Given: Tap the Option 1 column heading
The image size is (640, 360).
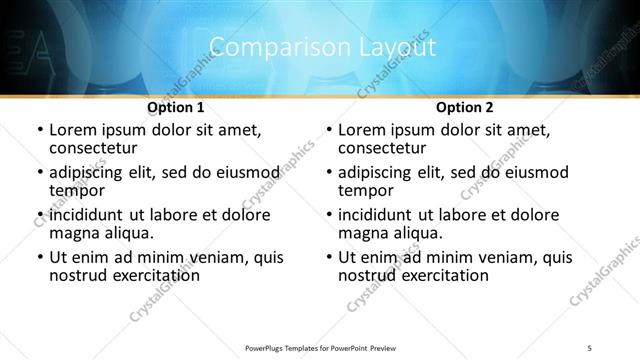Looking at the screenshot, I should (176, 107).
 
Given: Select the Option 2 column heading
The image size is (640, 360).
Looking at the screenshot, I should (465, 107).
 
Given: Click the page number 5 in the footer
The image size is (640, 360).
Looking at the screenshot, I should (589, 346).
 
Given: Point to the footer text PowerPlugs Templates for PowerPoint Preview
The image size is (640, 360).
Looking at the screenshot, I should (320, 346).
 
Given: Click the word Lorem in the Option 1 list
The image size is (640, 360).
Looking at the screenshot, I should (72, 131).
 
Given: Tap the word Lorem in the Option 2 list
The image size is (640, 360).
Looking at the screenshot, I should (361, 131).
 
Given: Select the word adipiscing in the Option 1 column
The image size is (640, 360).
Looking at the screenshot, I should (91, 174).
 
